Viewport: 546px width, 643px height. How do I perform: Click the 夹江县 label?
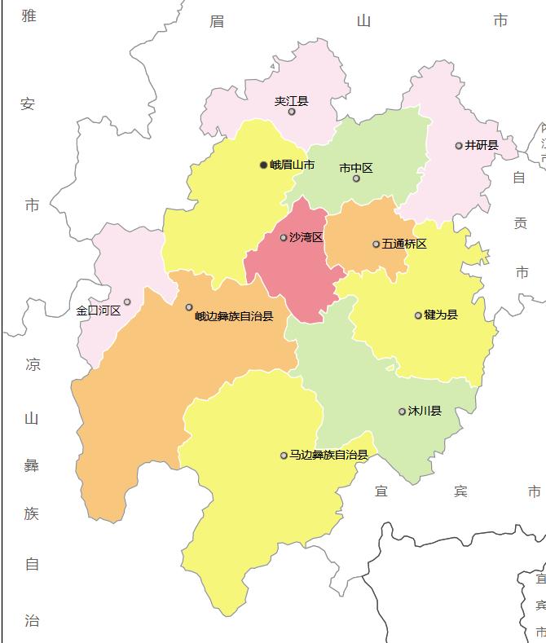291,101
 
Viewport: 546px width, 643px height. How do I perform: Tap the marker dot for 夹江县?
292,112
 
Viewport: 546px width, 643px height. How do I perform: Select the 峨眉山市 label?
292,165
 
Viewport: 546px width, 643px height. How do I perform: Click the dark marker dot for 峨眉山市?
263,165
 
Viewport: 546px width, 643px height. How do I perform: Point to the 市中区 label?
355,168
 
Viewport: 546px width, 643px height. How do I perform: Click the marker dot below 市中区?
356,178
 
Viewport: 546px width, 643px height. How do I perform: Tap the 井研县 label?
481,145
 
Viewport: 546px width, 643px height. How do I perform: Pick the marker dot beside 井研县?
459,146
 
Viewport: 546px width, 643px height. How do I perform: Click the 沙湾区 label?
306,237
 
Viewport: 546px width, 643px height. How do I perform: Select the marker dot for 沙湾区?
284,238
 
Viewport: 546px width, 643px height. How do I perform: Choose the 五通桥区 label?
404,244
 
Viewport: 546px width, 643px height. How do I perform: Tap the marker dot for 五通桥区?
376,244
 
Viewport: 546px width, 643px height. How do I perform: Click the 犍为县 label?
441,315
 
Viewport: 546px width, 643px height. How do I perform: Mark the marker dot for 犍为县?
418,315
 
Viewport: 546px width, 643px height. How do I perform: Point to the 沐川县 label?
425,411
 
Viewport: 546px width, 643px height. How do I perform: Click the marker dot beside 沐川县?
402,412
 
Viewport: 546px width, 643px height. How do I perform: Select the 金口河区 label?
98,310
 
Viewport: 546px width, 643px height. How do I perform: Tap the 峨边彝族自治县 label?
234,316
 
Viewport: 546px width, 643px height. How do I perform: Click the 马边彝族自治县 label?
328,455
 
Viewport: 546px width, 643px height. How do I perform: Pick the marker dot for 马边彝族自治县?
284,456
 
